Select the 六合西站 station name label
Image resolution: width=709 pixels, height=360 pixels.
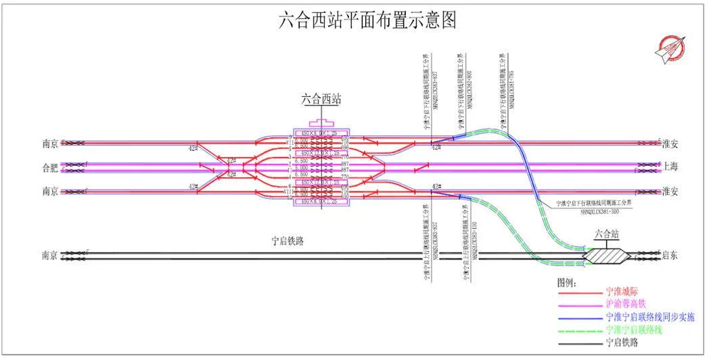321,99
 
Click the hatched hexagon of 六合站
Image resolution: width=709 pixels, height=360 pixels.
607,256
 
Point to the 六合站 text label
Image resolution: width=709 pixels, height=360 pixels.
607,235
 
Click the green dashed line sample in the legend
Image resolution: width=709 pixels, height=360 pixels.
578,330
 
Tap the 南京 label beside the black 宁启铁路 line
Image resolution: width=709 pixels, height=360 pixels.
49,256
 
